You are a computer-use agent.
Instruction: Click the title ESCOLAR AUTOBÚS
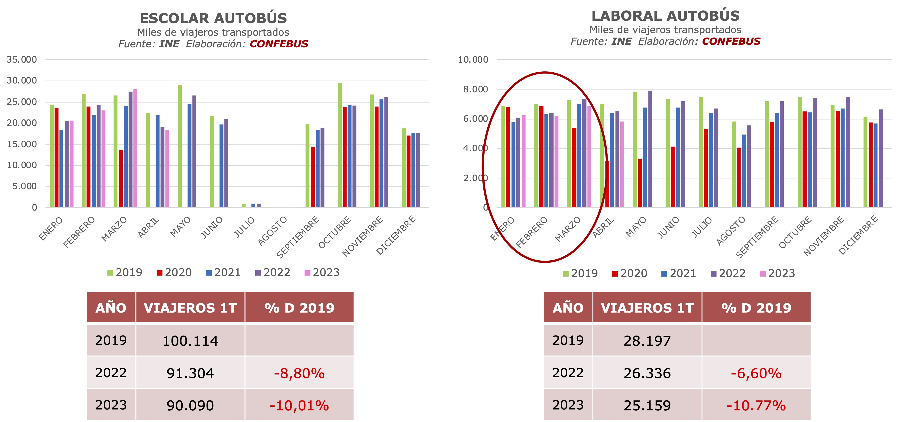coord(213,18)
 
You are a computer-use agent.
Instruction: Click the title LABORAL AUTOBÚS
coord(665,16)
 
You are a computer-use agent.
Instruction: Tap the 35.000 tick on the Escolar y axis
coord(22,60)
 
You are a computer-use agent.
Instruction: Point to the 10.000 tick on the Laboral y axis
coord(473,60)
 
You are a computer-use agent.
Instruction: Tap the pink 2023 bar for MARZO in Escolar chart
coord(135,148)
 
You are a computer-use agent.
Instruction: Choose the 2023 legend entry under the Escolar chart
coord(322,272)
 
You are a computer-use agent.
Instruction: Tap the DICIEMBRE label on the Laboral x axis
coord(858,235)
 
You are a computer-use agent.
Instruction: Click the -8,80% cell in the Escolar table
coord(299,373)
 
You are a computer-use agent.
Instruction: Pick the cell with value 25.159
coord(647,406)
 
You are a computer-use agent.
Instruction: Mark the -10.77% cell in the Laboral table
coord(756,406)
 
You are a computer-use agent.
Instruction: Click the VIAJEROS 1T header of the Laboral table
coord(647,308)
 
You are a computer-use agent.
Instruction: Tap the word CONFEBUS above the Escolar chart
coord(279,44)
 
